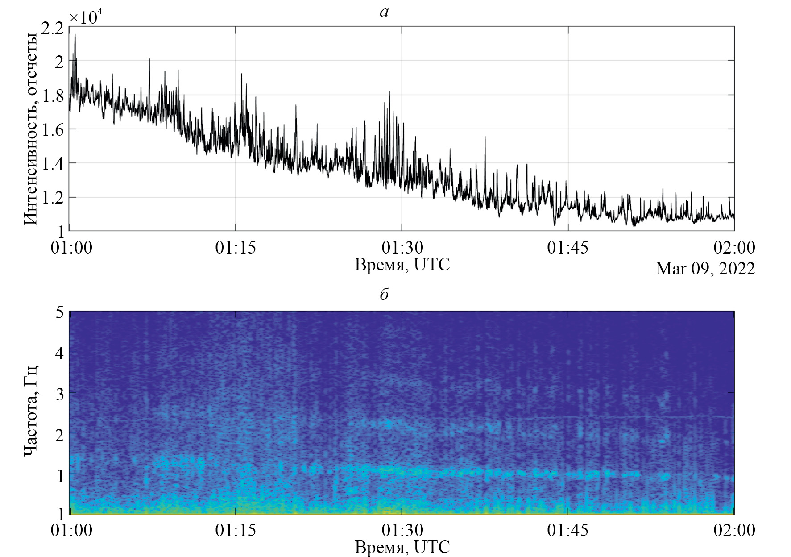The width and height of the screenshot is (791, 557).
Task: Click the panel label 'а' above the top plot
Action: [384, 12]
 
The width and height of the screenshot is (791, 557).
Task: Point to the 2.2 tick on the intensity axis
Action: [52, 28]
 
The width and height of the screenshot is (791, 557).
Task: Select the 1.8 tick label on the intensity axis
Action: [52, 96]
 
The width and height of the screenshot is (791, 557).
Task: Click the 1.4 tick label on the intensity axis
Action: [52, 163]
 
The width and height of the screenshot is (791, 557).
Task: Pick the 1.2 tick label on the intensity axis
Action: [52, 197]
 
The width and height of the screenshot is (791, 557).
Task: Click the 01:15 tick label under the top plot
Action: [236, 247]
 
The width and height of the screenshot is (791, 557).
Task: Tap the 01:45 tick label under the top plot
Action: [568, 247]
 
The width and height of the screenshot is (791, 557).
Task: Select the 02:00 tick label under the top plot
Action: [734, 247]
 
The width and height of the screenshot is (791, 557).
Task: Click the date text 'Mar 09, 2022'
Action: [705, 269]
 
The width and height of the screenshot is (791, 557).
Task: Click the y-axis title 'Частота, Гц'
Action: [30, 411]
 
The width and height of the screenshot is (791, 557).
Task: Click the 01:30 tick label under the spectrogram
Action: [402, 530]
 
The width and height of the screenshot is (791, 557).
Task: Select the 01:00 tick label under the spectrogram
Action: [71, 530]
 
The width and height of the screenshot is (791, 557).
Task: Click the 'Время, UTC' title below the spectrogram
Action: [402, 547]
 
